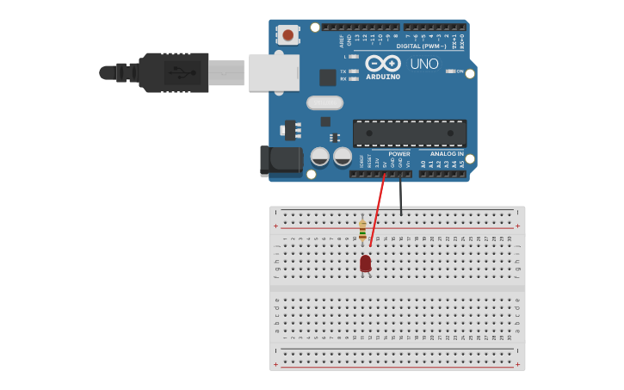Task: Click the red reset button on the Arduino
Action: (x=288, y=35)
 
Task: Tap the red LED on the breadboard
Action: (x=366, y=263)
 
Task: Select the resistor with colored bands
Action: (x=362, y=230)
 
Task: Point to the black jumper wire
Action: (x=400, y=194)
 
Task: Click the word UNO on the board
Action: (x=424, y=64)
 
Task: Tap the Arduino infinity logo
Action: (x=383, y=63)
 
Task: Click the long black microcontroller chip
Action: (x=410, y=133)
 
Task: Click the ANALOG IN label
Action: (x=447, y=153)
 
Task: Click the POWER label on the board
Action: (x=399, y=153)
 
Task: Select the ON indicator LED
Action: (x=449, y=71)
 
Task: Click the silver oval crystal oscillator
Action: (x=324, y=103)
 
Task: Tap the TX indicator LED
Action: (x=354, y=71)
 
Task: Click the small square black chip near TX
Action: (x=328, y=77)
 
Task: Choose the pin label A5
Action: (x=461, y=163)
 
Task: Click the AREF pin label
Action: (x=341, y=40)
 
